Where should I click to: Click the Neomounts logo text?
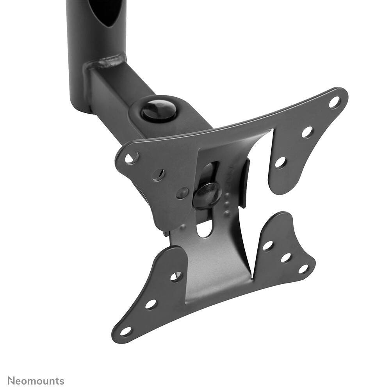(36, 381)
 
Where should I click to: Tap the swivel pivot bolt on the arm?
(159, 110)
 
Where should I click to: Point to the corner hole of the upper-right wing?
(334, 102)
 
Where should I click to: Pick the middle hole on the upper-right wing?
(307, 132)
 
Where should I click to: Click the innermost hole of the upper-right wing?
(280, 162)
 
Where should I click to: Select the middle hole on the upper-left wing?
(158, 175)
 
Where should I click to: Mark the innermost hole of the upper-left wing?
(182, 192)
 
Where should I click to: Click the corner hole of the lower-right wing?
(303, 269)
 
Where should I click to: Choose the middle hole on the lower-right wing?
(286, 258)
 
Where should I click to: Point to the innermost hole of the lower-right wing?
(267, 246)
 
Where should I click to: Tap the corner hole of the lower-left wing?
(126, 331)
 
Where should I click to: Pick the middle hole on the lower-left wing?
(151, 304)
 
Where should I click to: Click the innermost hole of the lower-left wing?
(176, 276)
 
